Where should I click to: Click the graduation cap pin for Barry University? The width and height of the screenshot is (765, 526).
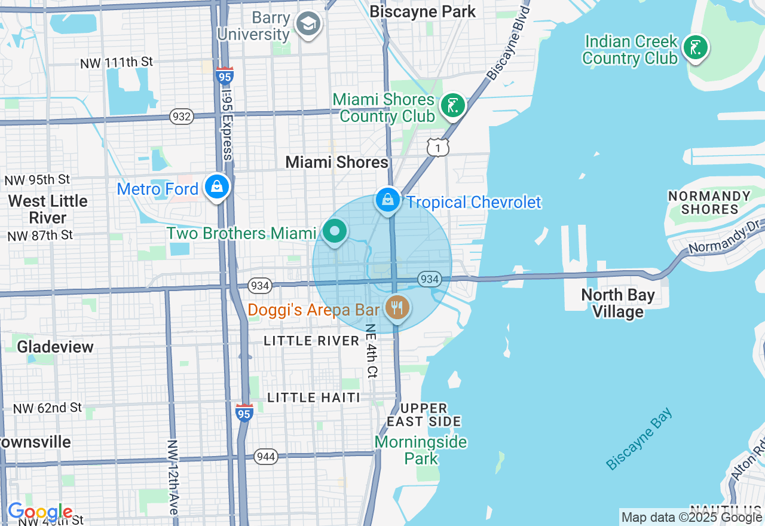click(308, 25)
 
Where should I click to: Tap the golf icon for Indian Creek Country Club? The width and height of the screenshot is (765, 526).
click(695, 48)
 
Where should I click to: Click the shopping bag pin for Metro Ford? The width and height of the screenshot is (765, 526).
click(217, 187)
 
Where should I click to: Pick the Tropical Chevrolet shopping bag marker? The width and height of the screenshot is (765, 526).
click(388, 200)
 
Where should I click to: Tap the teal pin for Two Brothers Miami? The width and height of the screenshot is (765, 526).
click(334, 231)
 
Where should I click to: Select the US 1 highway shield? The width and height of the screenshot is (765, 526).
click(437, 146)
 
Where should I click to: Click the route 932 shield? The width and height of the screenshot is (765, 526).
click(181, 117)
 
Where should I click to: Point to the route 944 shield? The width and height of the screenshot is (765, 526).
click(265, 457)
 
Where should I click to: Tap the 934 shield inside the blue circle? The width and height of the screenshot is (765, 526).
click(429, 279)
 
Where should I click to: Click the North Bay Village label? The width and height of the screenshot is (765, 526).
click(618, 303)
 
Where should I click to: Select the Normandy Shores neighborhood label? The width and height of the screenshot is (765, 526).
click(709, 203)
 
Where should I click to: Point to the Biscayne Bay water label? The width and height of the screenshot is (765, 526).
click(639, 439)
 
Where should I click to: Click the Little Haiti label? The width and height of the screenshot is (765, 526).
click(314, 397)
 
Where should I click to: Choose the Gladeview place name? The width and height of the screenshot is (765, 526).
click(55, 347)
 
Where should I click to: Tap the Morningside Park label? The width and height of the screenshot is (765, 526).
click(421, 450)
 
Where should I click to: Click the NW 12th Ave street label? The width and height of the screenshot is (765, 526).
click(173, 478)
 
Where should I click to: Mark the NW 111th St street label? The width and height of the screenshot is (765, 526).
click(117, 62)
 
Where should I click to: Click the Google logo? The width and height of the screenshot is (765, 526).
click(40, 512)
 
